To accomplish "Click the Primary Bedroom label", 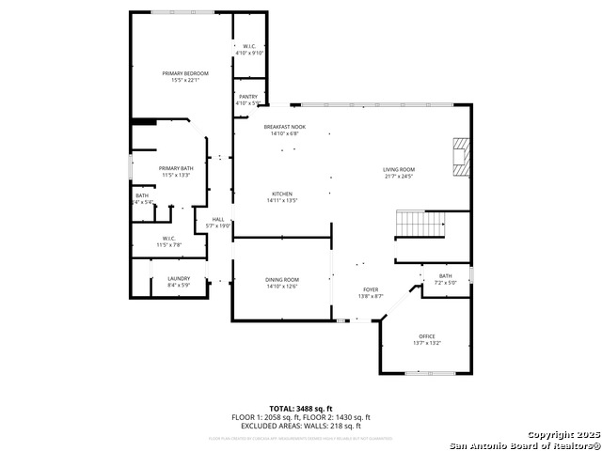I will [184, 73].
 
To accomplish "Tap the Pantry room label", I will [247, 96].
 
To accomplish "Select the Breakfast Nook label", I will [284, 127].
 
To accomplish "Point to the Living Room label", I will [399, 169].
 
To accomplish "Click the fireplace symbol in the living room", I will [460, 157].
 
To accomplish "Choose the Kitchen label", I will [281, 194].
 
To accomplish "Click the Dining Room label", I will [281, 279].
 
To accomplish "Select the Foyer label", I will [372, 289].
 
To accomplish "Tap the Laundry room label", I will [179, 278].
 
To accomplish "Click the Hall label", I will [218, 219].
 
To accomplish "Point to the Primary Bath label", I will [175, 168].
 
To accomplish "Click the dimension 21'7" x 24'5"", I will [399, 177].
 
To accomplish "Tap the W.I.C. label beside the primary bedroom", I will [249, 46].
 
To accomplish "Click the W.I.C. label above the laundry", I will [168, 238].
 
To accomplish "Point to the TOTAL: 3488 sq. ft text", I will [300, 409].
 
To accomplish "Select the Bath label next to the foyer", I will [444, 276].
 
